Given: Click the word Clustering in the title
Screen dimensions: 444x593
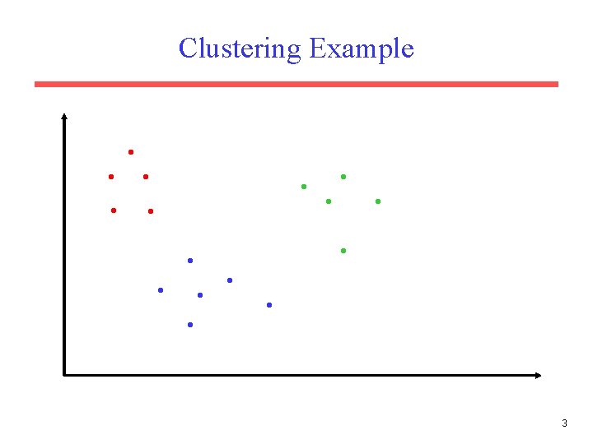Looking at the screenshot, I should pos(240,49).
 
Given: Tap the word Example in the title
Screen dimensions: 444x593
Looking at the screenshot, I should pos(362,49).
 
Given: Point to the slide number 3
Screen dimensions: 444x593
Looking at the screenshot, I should pos(564,423).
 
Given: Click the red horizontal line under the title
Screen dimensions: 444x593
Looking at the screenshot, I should pos(296,84).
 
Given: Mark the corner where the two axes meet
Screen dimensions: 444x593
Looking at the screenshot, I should pos(63,375).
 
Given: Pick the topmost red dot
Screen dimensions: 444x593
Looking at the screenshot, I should pos(131,152).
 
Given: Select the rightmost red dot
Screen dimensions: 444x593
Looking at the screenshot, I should pos(151,211).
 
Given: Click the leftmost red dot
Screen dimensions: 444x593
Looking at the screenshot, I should pos(111,177).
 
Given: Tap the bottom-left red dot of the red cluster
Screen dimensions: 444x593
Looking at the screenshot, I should pos(114,210).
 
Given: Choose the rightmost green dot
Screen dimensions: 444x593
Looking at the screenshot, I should pos(378,201).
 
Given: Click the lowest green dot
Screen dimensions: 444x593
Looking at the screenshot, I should pos(343,250).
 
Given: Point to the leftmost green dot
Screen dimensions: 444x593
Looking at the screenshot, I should pos(304,187).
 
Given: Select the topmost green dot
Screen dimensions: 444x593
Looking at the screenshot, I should pos(343,177).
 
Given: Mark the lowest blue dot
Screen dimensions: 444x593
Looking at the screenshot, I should pos(190,325).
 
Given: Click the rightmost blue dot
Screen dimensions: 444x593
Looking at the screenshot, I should pos(269,305).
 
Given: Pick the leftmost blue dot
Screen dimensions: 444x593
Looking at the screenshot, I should pos(161,290).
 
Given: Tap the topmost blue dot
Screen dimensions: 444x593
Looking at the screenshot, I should pos(190,261).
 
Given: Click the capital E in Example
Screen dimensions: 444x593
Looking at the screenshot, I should pos(317,49).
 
